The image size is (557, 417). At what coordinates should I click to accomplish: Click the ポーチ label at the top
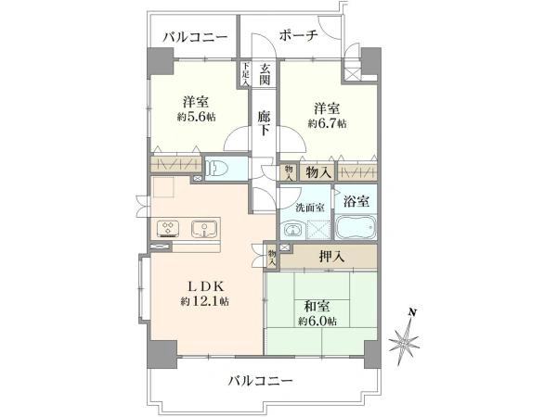pyautogui.click(x=297, y=36)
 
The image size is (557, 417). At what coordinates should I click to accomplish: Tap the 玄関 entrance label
pyautogui.click(x=266, y=75)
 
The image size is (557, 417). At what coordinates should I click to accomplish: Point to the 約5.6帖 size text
pyautogui.click(x=196, y=116)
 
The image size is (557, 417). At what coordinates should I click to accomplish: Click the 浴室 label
pyautogui.click(x=356, y=201)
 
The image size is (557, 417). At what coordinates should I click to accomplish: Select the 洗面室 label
pyautogui.click(x=309, y=207)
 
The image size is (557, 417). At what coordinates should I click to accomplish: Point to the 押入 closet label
pyautogui.click(x=320, y=255)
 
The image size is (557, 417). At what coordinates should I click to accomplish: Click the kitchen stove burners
pyautogui.click(x=169, y=227)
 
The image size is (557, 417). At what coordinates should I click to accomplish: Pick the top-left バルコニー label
pyautogui.click(x=194, y=37)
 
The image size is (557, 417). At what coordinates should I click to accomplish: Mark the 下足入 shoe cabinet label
pyautogui.click(x=244, y=74)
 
